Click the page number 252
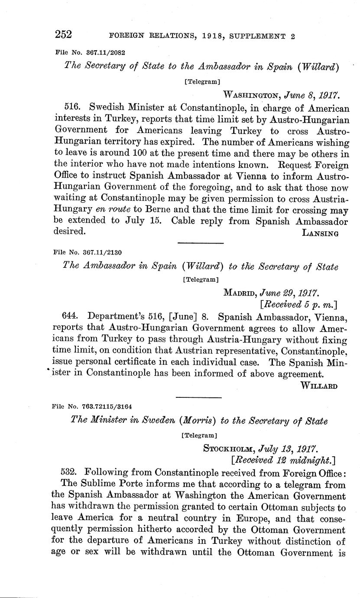coord(63,34)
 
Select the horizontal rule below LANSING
coord(201,243)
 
